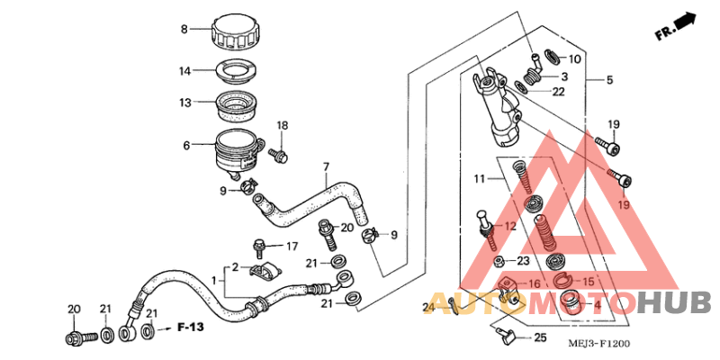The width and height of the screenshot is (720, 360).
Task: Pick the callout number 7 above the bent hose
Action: (x=326, y=166)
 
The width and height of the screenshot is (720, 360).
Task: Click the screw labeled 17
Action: (x=259, y=244)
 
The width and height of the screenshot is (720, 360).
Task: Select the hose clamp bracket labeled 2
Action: (x=263, y=272)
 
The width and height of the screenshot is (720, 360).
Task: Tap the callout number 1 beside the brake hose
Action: (x=213, y=281)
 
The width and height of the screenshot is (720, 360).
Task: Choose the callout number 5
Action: (x=609, y=81)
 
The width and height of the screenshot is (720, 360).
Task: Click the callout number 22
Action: (x=558, y=91)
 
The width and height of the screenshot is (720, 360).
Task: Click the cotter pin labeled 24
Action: (x=454, y=310)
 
